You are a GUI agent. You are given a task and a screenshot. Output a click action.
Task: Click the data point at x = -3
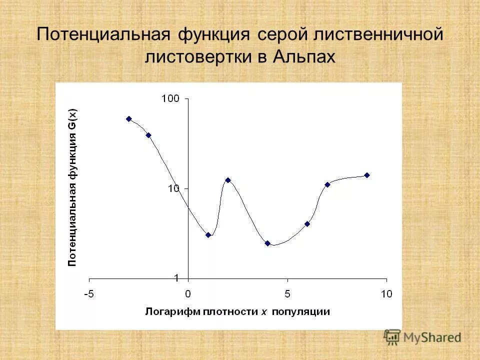[129, 119]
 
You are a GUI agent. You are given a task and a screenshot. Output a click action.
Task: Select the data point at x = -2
[148, 135]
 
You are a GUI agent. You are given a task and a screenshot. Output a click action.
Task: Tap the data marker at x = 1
[208, 234]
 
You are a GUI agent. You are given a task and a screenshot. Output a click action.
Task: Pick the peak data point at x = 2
[228, 180]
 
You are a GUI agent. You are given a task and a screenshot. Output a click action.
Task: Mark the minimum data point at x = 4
[267, 243]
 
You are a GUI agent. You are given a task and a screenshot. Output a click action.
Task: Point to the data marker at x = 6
[307, 224]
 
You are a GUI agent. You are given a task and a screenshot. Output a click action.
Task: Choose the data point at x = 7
[327, 184]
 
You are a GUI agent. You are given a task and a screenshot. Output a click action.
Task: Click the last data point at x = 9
[366, 175]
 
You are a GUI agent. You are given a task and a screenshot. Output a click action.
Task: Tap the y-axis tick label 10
[173, 188]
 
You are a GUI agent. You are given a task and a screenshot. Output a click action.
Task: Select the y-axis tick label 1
[176, 277]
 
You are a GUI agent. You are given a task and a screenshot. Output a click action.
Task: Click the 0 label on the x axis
[188, 293]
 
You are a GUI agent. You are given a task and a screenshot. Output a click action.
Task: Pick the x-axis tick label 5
[287, 293]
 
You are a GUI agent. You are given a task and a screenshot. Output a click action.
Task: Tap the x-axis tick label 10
[386, 293]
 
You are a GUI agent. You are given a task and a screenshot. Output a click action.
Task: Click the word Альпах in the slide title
[303, 56]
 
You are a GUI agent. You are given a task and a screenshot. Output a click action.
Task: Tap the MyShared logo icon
[392, 336]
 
